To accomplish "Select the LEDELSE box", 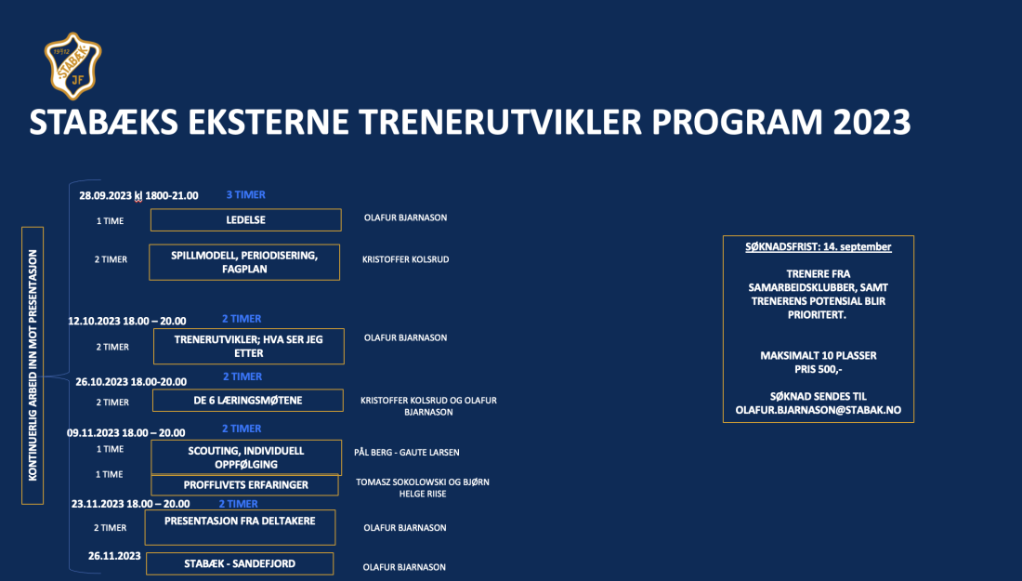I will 245,219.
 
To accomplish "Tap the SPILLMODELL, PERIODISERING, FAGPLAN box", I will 245,261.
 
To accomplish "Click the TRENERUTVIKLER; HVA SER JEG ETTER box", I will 248,346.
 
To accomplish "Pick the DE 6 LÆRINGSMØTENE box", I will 247,401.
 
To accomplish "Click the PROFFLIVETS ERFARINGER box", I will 244,485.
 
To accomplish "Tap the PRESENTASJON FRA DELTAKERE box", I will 240,527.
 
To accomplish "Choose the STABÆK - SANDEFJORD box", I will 240,563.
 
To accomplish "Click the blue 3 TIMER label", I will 245,195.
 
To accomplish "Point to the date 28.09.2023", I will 105,196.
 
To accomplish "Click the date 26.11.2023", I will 114,556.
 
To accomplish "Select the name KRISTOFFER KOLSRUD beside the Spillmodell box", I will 405,259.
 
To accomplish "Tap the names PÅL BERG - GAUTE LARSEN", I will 406,453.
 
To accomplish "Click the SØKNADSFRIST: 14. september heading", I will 818,247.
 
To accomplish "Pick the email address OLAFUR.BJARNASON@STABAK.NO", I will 818,410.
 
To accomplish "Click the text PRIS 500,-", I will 818,368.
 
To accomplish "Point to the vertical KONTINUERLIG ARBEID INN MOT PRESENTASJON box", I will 33,364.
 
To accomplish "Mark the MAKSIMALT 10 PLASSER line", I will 818,355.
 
